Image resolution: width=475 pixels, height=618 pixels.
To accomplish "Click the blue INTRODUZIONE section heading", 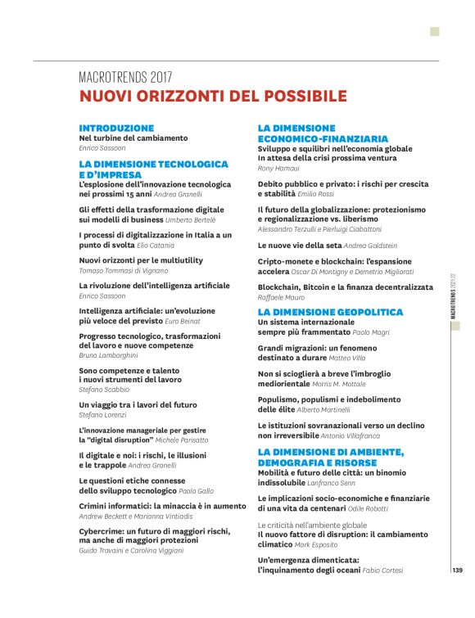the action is click(x=116, y=129).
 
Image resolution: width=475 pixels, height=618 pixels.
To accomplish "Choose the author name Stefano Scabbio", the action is click(x=104, y=390).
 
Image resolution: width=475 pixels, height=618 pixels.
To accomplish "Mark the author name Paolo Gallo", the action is click(x=196, y=490).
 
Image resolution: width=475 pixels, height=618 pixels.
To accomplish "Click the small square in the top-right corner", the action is click(x=435, y=32).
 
